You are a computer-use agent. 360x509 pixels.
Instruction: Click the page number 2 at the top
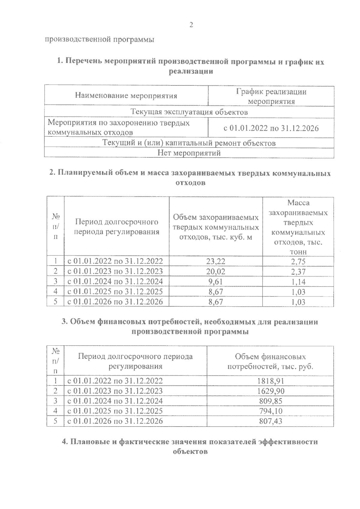coord(191,25)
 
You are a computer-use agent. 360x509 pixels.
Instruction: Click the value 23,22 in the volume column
coord(215,261)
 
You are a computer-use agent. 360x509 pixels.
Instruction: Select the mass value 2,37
coord(298,272)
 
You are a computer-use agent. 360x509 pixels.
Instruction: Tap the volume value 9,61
coord(215,282)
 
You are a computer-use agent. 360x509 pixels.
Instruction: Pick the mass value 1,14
coord(298,282)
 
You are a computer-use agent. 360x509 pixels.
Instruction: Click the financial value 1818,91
coord(271,381)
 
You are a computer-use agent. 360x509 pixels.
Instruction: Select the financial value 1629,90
coord(271,391)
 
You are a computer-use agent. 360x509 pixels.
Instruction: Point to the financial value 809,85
coord(271,401)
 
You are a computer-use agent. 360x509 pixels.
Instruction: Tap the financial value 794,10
coord(271,411)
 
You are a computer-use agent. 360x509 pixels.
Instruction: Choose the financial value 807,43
coord(271,421)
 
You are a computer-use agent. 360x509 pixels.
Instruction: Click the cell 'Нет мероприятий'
coord(189,153)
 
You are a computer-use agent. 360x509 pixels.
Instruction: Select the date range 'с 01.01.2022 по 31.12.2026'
coord(271,128)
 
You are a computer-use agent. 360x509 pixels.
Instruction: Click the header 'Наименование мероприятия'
coord(126,96)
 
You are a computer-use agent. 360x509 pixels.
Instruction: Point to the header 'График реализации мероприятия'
coord(271,96)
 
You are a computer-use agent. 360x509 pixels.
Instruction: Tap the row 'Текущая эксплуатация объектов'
coord(189,112)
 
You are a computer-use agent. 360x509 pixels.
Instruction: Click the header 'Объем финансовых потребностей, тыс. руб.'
coord(271,362)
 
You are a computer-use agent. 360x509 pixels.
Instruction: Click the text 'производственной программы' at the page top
coord(100,40)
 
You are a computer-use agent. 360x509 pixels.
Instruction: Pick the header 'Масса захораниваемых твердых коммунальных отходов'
coord(298,227)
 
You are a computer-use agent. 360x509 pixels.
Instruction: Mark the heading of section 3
coord(190,327)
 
